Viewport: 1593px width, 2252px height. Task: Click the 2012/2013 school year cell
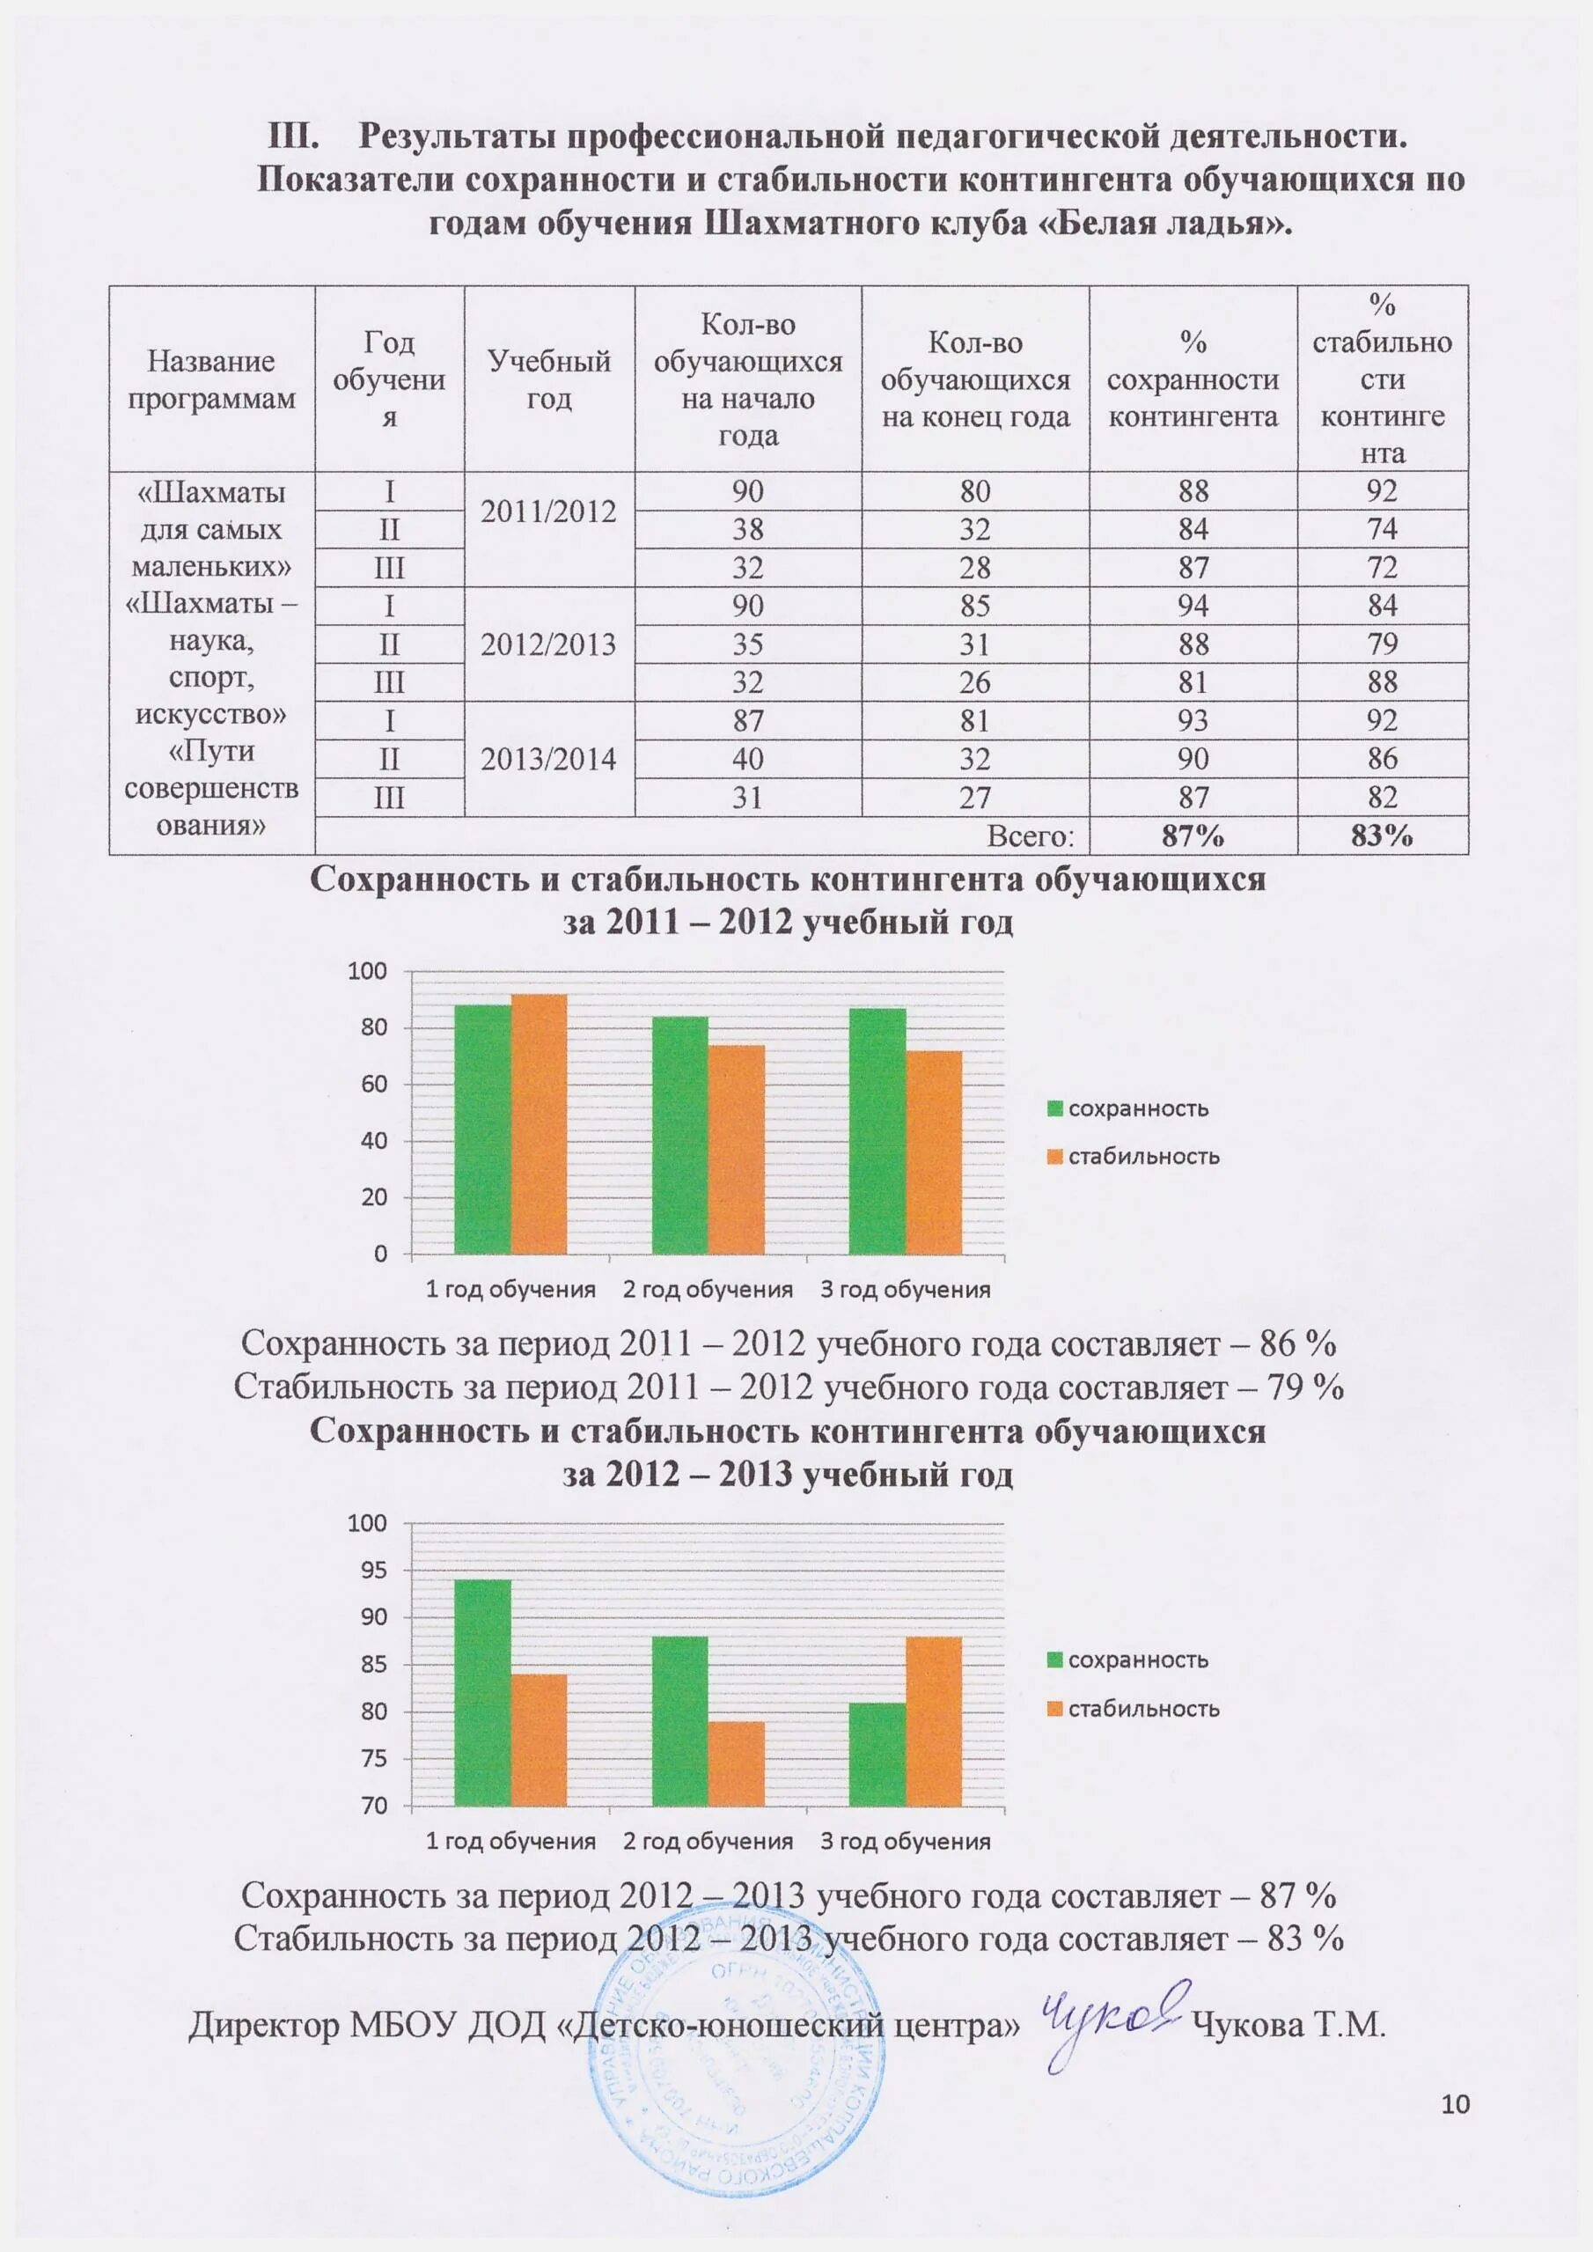click(x=548, y=644)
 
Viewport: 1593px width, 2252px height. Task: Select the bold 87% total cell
click(x=1192, y=836)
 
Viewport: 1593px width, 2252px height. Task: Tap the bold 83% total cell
click(x=1381, y=836)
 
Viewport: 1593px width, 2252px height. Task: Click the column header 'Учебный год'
click(x=548, y=379)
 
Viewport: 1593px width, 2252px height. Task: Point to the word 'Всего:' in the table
click(x=1030, y=836)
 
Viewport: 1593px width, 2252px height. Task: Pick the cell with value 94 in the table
click(x=1192, y=607)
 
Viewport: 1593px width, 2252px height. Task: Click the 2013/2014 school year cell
click(x=548, y=760)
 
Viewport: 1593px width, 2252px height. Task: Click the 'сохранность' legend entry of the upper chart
click(x=1128, y=1108)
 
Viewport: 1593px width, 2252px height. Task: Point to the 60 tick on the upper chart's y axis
click(x=374, y=1085)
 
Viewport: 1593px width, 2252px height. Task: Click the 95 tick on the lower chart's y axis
click(x=374, y=1571)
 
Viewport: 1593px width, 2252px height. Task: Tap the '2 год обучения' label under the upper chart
click(x=708, y=1290)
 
